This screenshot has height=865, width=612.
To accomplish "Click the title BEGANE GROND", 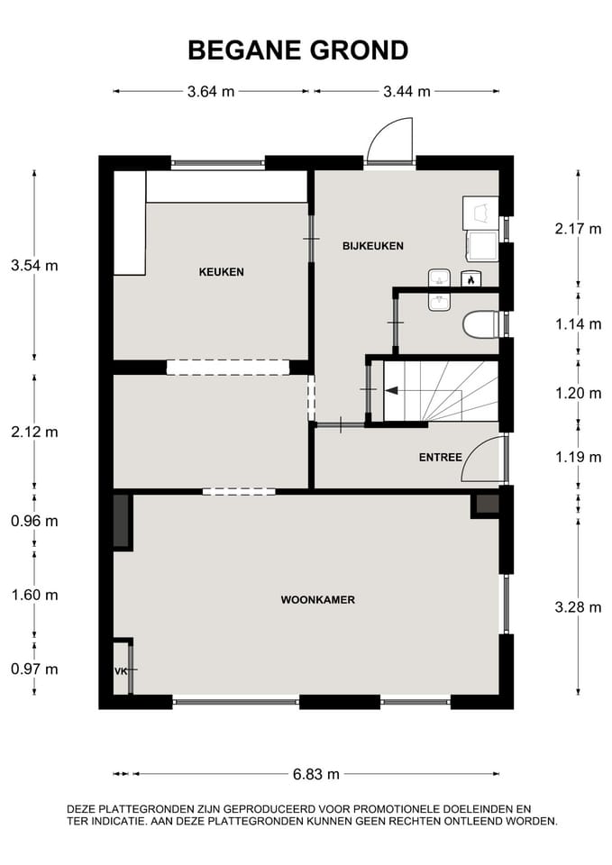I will click(x=297, y=50).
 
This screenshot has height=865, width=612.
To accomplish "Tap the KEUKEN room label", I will click(x=221, y=271).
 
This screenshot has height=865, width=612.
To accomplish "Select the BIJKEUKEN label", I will click(x=372, y=245).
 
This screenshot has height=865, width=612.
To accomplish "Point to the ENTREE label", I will click(x=440, y=458).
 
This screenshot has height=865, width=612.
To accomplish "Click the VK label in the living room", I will click(x=120, y=671).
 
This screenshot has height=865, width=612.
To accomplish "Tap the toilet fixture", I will click(x=480, y=324).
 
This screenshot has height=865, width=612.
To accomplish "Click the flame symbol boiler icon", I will click(x=470, y=279).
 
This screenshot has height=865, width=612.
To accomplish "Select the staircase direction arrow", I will click(x=392, y=391).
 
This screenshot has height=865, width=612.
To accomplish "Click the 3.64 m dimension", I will click(x=211, y=91).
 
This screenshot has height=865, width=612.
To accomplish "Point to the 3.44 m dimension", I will click(x=406, y=91).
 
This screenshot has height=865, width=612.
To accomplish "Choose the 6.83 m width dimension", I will click(x=315, y=774).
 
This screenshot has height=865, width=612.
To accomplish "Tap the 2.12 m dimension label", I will click(x=33, y=432).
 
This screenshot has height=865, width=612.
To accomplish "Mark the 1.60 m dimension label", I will click(x=33, y=595).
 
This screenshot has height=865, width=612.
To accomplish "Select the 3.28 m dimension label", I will click(x=578, y=606).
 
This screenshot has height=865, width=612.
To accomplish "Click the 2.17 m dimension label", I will click(x=578, y=228).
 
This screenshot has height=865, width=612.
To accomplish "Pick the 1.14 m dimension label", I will click(x=578, y=323).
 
